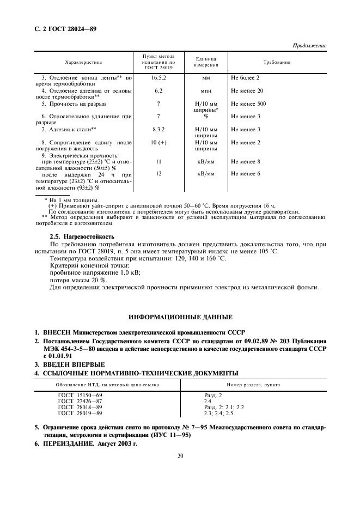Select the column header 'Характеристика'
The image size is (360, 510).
pos(84,62)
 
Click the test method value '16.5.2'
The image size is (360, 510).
pos(158,78)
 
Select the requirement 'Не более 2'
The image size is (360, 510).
pos(245,78)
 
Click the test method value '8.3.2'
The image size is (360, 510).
pos(158,129)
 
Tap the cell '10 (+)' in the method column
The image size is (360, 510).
pos(158,142)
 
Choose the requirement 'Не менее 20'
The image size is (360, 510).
pos(247,90)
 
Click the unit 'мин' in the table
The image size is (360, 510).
pos(206,90)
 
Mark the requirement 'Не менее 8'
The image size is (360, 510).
pos(245,162)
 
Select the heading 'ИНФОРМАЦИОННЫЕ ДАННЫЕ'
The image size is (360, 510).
pos(180,317)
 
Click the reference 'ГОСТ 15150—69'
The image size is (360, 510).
pos(80,395)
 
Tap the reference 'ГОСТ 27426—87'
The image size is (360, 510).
pos(80,401)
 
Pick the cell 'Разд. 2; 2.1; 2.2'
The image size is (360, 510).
pos(224,407)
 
